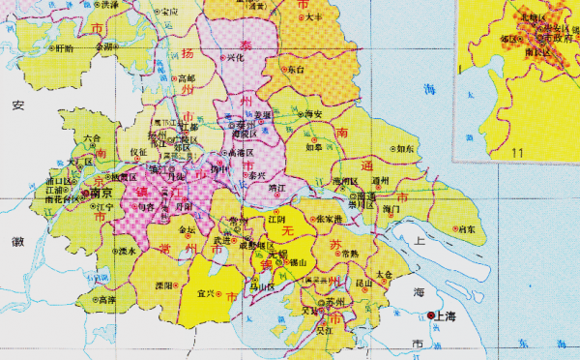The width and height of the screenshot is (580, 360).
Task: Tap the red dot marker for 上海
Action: pos(431,315)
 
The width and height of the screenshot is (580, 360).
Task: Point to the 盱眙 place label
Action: pos(63,47)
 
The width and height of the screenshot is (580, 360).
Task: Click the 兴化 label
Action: pos(235,59)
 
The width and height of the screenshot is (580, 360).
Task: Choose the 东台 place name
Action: pos(296,70)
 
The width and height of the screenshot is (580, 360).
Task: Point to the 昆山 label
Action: pos(364,284)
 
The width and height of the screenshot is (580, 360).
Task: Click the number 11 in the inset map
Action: pos(517,152)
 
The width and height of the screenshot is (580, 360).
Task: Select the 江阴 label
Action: pos(278,220)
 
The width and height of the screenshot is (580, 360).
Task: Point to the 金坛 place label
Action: pos(188,230)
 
